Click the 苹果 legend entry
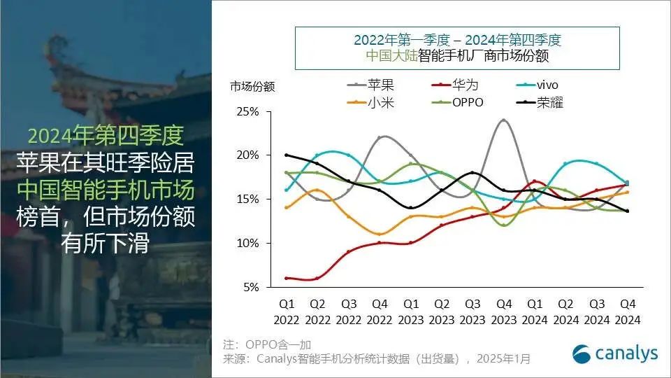coord(380,85)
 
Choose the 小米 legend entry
coord(380,102)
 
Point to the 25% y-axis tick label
coord(249,112)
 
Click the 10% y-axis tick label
coord(249,243)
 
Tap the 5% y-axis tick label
coord(252,287)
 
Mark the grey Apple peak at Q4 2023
coord(503,120)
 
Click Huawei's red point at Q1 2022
coord(286,278)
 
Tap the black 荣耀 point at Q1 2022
coord(286,155)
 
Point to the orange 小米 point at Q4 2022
coord(379,234)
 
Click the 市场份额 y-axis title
coord(252,87)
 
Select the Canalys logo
coord(615,353)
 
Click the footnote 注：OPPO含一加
coord(266,344)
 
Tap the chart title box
coord(457,48)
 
